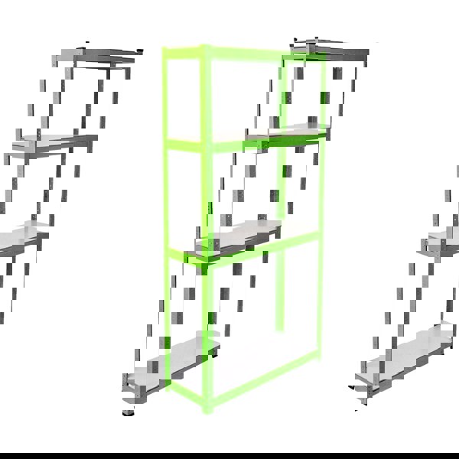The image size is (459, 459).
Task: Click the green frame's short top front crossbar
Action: click(x=184, y=52)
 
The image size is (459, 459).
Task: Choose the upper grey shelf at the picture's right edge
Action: click(x=440, y=241)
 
